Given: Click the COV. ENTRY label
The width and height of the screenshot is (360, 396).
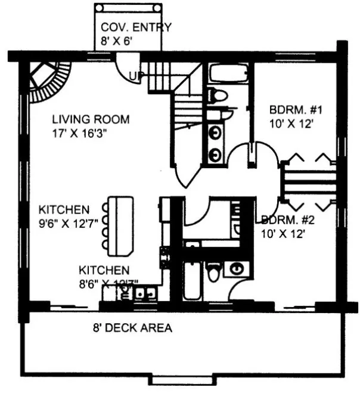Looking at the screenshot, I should click(x=135, y=27).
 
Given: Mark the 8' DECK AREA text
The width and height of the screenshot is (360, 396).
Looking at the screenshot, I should click(x=132, y=327).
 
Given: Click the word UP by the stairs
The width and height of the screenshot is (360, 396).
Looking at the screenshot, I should click(x=136, y=76).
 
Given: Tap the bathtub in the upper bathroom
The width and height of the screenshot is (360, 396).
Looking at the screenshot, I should click(x=229, y=73).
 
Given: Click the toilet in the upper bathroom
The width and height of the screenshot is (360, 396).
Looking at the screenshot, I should click(x=218, y=94).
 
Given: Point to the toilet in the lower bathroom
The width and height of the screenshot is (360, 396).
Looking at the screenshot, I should click(x=213, y=271).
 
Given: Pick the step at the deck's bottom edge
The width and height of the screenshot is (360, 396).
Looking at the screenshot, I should click(x=179, y=380).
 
